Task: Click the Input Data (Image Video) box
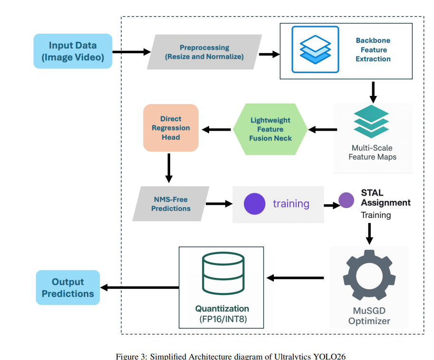pyautogui.click(x=73, y=51)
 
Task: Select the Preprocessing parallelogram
pyautogui.click(x=204, y=52)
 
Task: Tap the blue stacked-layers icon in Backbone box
pyautogui.click(x=315, y=49)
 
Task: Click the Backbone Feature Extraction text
pyautogui.click(x=373, y=50)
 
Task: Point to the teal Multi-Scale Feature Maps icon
pyautogui.click(x=371, y=122)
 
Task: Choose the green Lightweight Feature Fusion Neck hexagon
pyautogui.click(x=270, y=129)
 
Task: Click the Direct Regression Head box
pyautogui.click(x=171, y=128)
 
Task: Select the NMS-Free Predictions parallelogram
pyautogui.click(x=171, y=204)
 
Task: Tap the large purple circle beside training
pyautogui.click(x=255, y=204)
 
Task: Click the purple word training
pyautogui.click(x=291, y=204)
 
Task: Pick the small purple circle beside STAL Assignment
pyautogui.click(x=346, y=200)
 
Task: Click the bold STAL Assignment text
pyautogui.click(x=385, y=198)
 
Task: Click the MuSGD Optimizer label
pyautogui.click(x=369, y=316)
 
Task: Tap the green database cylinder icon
pyautogui.click(x=223, y=274)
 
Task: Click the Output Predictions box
pyautogui.click(x=68, y=287)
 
